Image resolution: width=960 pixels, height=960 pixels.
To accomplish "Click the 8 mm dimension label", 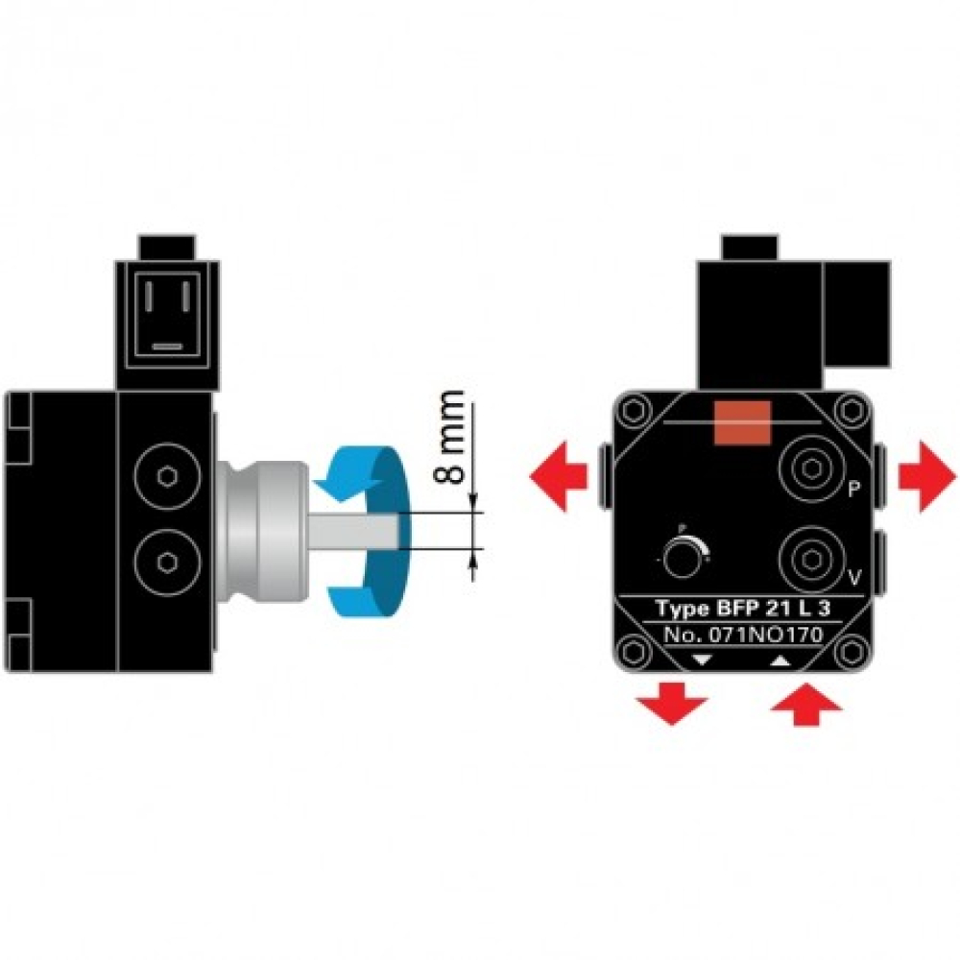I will click(454, 437).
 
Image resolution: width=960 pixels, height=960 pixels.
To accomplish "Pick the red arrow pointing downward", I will click(672, 704).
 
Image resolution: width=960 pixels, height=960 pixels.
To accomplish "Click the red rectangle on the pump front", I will click(744, 423).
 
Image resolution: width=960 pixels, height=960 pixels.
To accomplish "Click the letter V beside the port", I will click(851, 578).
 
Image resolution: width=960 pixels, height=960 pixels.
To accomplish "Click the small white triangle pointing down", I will click(701, 660).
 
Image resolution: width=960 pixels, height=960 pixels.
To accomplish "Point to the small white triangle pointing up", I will click(780, 660).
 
